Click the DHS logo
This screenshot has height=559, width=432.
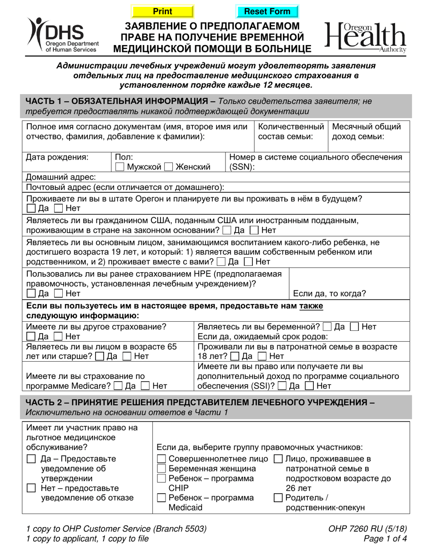coord(56,35)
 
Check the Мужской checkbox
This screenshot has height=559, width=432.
coord(120,167)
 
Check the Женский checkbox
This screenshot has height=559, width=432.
coord(169,167)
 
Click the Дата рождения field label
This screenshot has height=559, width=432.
coord(57,157)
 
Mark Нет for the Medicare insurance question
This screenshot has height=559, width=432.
coord(146,386)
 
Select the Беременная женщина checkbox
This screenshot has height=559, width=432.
coord(161,469)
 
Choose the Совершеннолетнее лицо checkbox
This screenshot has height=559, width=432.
coord(161,459)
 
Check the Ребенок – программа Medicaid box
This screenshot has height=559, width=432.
coord(161,498)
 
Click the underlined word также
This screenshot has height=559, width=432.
coord(311,306)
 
